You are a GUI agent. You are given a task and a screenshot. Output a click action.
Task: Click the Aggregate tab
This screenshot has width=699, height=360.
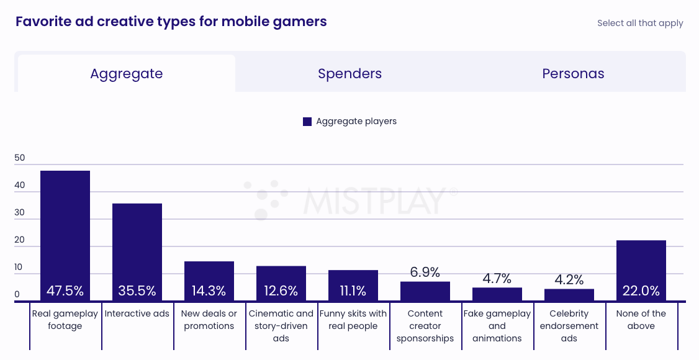click(x=126, y=74)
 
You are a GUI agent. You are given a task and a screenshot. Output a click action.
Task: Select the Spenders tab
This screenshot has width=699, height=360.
click(x=349, y=74)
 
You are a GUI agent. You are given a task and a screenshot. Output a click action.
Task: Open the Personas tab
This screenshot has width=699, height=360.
click(x=573, y=74)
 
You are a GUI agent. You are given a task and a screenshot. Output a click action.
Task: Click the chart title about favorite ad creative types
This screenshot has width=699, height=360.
click(x=171, y=22)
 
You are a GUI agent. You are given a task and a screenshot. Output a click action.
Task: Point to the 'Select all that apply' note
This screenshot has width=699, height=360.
click(x=640, y=23)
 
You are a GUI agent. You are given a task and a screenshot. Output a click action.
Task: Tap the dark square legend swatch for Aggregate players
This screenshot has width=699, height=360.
click(x=307, y=122)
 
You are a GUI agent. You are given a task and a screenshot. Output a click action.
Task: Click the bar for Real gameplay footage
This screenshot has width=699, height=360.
click(x=65, y=230)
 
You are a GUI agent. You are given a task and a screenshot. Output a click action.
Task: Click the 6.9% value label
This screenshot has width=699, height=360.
click(x=425, y=272)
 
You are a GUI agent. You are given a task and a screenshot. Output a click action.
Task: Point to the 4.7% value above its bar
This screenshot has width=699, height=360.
click(x=497, y=278)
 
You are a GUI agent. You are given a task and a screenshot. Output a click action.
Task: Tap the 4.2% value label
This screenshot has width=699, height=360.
click(x=569, y=279)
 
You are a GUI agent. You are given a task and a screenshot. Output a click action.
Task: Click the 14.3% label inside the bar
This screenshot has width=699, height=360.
click(x=209, y=290)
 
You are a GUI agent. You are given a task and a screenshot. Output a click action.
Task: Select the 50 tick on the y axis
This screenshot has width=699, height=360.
click(x=20, y=158)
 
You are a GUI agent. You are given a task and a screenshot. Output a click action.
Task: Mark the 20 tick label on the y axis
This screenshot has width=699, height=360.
click(x=20, y=240)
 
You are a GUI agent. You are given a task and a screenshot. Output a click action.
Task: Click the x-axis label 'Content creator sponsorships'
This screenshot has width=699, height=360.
click(x=425, y=326)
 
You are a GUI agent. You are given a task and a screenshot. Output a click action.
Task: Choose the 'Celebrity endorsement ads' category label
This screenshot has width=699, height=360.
click(x=569, y=326)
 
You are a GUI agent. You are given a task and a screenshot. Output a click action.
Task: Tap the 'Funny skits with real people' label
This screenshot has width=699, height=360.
click(x=353, y=320)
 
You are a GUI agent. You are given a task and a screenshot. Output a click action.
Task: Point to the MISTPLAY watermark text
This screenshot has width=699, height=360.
click(x=374, y=200)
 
